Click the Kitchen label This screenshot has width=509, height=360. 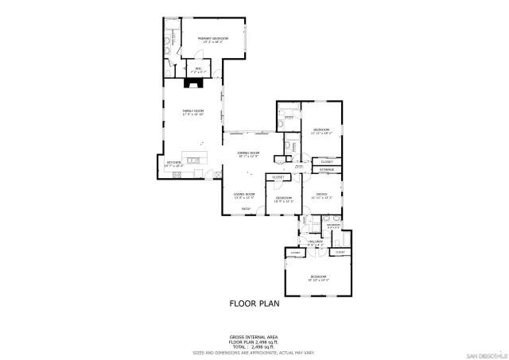tap(174, 163)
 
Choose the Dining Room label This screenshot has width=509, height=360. tap(249, 154)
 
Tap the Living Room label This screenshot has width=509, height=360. tap(243, 195)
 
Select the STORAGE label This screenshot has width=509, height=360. tap(327, 170)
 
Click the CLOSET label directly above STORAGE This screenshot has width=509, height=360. tap(327, 161)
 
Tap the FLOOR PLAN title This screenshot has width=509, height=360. tap(254, 303)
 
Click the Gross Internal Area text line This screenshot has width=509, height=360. tap(254, 337)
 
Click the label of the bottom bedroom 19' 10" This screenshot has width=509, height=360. tap(318, 278)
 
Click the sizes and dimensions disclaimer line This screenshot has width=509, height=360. tap(254, 351)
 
